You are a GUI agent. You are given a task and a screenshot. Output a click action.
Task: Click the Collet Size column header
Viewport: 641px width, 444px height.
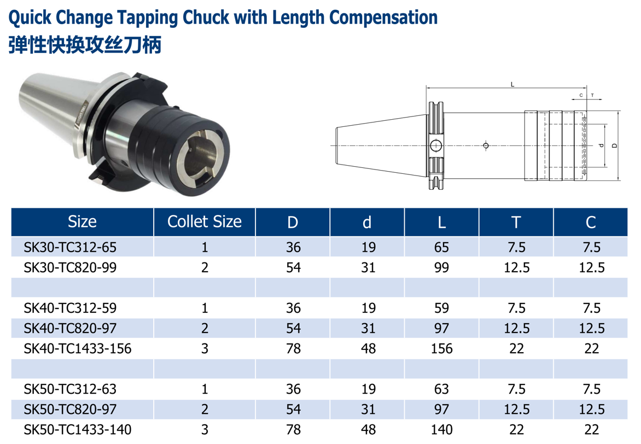(x=205, y=221)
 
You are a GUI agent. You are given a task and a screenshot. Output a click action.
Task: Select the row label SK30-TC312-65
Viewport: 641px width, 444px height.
(x=70, y=247)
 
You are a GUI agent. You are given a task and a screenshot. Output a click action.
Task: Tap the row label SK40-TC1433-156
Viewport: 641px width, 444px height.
(x=78, y=349)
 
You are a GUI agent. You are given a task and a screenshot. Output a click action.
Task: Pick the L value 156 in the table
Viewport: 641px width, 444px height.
(x=441, y=349)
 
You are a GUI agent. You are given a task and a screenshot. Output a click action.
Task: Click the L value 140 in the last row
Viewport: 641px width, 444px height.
(x=441, y=430)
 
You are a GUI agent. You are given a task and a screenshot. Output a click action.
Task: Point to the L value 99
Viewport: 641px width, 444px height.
(x=441, y=268)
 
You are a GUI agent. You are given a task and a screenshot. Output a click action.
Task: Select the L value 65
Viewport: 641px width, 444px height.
(x=441, y=247)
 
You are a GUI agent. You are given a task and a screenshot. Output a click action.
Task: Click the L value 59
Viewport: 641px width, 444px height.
(x=441, y=308)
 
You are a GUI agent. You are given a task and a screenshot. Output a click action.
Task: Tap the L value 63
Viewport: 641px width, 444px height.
(x=441, y=389)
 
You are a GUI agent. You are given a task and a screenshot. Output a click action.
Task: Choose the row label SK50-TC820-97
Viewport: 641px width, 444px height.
(x=70, y=409)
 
